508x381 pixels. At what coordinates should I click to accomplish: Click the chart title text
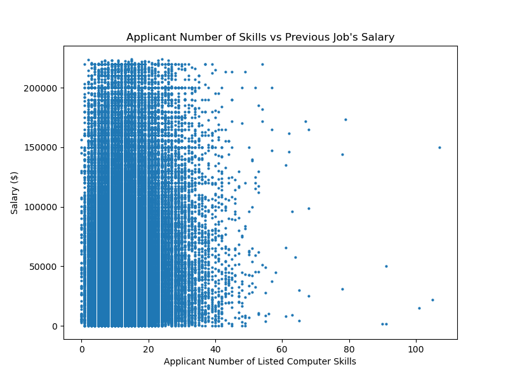click(260, 37)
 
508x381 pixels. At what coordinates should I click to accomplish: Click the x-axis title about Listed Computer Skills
click(260, 362)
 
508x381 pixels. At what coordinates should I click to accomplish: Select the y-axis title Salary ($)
click(15, 192)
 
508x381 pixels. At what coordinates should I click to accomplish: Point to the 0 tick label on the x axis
click(81, 349)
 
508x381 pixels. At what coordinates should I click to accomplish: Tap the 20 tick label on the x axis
click(148, 349)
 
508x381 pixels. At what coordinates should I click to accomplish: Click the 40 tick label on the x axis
click(215, 349)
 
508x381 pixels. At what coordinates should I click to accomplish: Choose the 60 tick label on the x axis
click(282, 349)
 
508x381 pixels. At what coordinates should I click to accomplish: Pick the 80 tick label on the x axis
click(349, 349)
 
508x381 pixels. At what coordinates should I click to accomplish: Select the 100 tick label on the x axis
click(416, 349)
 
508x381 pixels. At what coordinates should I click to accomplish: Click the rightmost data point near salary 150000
click(439, 147)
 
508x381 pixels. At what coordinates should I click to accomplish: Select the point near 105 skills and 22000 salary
click(432, 300)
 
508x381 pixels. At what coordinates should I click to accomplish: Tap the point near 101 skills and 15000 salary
click(419, 308)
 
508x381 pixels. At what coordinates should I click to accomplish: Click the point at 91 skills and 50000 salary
click(386, 266)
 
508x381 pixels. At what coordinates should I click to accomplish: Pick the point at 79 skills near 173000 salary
click(345, 119)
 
